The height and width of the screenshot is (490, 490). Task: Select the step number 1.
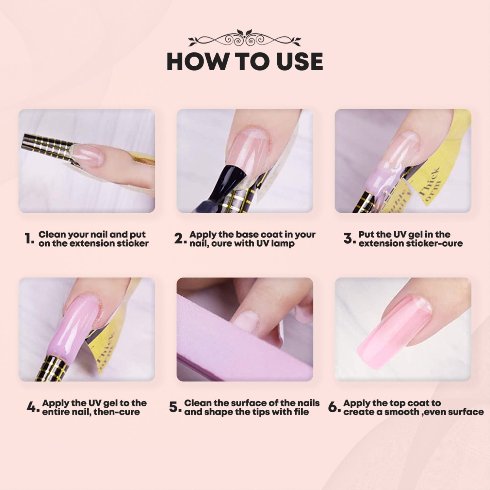click(29, 239)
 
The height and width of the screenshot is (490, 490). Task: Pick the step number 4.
click(33, 408)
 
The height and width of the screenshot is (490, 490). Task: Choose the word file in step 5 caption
click(301, 412)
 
